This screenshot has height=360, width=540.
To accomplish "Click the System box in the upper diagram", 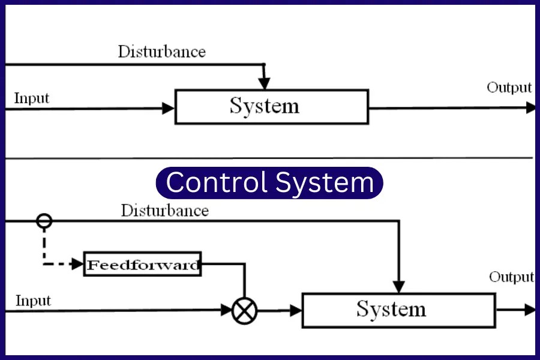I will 271,107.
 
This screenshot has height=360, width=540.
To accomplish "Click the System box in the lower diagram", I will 398,310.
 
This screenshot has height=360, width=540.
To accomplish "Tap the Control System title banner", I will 269,182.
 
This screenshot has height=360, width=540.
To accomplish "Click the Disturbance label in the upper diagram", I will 161,52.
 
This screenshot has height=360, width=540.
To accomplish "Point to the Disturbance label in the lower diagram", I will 164,211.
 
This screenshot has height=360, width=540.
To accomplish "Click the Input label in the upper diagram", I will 31,98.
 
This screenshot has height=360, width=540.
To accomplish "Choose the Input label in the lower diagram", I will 33,300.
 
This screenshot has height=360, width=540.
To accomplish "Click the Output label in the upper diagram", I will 509,88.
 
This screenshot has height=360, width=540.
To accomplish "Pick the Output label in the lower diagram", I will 511,277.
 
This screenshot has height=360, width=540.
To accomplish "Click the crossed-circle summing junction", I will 244,310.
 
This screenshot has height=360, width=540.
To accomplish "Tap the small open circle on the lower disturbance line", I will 44,221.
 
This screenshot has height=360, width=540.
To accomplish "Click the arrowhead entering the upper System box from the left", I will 169,109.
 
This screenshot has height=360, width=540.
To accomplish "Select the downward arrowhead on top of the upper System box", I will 264,83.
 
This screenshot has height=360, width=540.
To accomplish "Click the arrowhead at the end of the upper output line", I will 530,108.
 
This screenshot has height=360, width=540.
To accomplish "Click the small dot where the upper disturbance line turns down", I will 263,64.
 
